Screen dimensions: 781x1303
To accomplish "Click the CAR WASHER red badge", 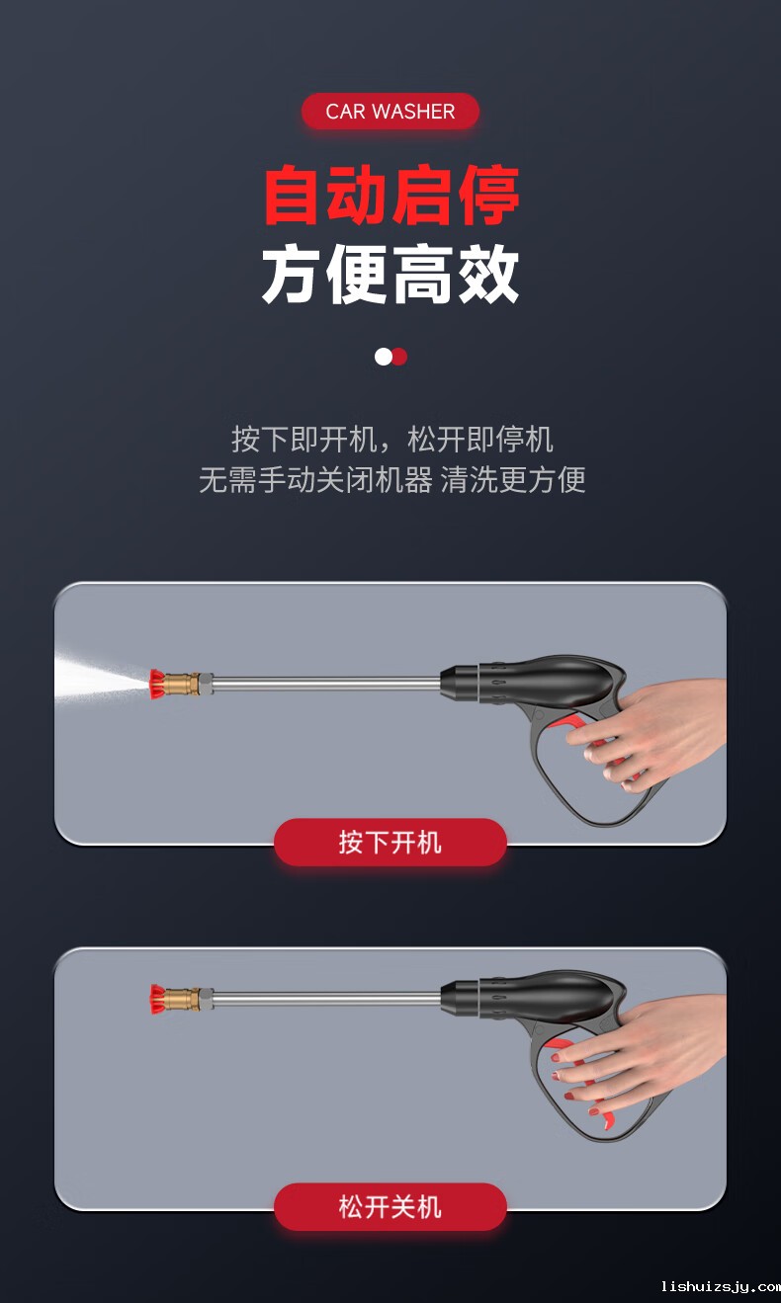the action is click(x=390, y=111).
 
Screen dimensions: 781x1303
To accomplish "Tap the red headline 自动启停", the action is click(x=391, y=195).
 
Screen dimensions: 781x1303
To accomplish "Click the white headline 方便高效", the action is click(x=390, y=274).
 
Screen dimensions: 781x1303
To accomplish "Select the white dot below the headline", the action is click(x=384, y=357).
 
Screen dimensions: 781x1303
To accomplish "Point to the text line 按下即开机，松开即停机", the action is click(x=391, y=440).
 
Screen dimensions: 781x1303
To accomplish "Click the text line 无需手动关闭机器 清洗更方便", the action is click(x=391, y=480).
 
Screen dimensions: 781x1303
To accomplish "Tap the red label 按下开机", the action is click(x=390, y=842).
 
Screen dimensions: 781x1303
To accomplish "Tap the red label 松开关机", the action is click(x=390, y=1206).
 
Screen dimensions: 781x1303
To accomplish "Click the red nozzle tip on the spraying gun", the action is click(x=157, y=684).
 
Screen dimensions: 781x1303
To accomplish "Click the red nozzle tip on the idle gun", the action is click(x=157, y=999).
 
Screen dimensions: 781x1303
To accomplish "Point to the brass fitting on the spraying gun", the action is click(x=183, y=684).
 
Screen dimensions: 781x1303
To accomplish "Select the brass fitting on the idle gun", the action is click(x=183, y=999).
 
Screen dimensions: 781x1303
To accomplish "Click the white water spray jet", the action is click(x=99, y=678).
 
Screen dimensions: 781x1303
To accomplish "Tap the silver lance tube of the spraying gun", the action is click(x=326, y=683).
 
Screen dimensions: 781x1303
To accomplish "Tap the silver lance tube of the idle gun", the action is click(x=326, y=998).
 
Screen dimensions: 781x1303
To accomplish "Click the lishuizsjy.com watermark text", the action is click(x=721, y=1286).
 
